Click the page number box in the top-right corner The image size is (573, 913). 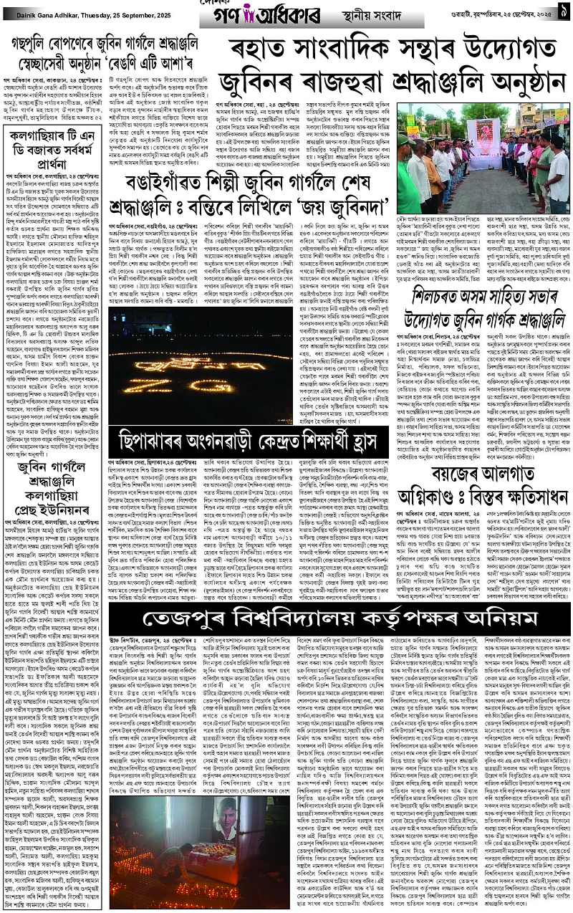[563, 11]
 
